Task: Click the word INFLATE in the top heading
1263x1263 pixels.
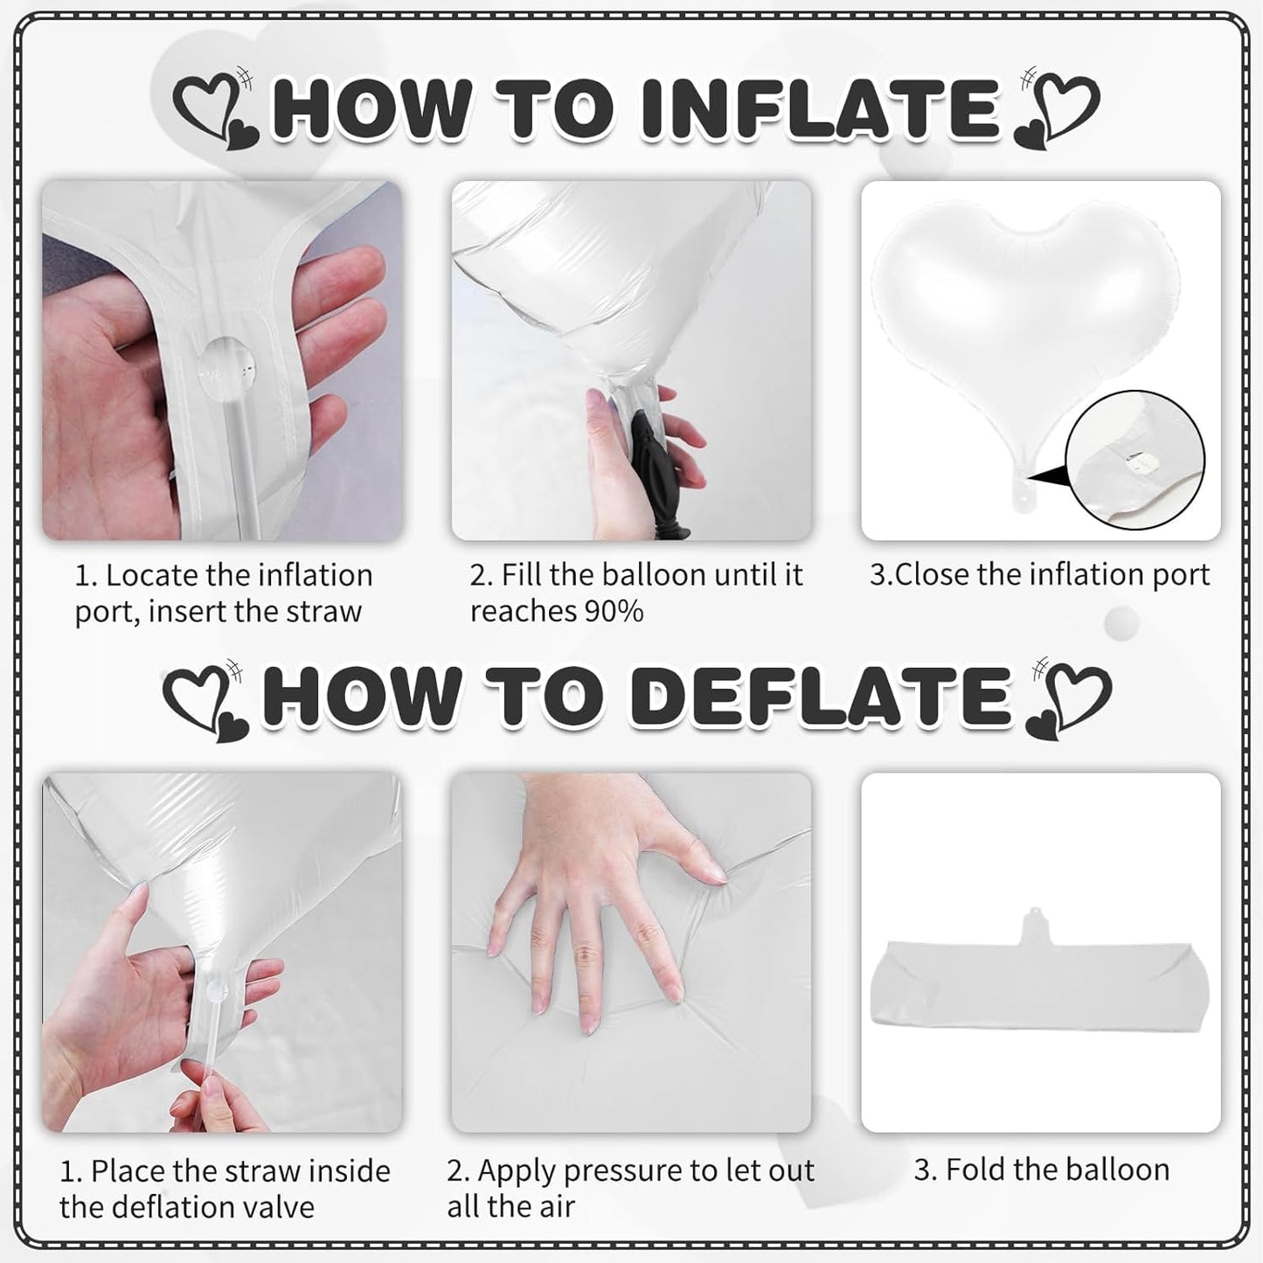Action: coord(820,108)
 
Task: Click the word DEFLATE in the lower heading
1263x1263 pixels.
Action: coord(822,696)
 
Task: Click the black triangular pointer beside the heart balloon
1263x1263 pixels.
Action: coord(1047,475)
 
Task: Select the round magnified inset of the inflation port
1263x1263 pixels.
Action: coord(1135,460)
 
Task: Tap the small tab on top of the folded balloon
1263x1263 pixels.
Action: coord(1034,926)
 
